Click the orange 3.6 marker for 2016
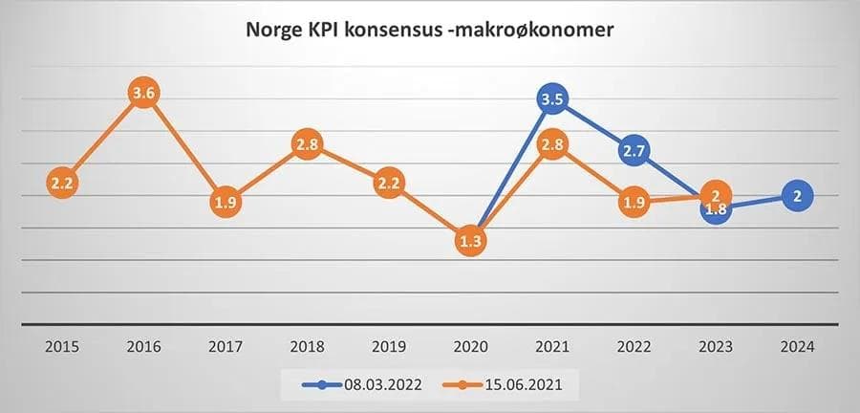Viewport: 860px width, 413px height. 143,94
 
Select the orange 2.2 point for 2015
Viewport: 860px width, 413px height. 63,182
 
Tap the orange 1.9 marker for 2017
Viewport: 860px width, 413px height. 225,202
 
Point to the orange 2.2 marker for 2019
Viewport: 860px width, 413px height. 390,182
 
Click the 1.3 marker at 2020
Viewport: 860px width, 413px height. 470,241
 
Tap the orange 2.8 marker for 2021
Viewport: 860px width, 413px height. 552,145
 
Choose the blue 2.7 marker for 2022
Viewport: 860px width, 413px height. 634,150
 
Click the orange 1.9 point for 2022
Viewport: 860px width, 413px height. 634,202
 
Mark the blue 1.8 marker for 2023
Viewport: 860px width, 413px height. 715,209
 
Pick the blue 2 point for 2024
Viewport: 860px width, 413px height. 796,195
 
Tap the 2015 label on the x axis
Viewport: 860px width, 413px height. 63,347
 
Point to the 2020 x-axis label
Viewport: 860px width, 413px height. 470,347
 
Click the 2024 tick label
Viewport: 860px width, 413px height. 796,347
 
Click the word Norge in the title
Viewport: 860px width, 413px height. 274,31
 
